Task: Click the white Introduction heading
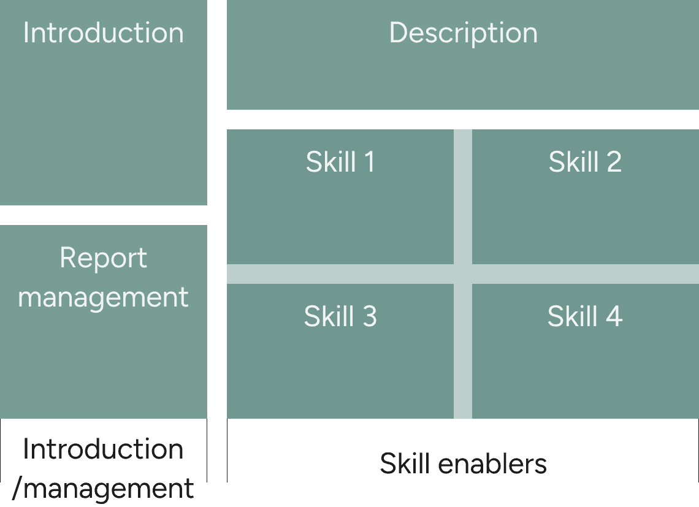click(x=103, y=32)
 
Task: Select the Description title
click(x=463, y=32)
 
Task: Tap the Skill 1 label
click(x=340, y=162)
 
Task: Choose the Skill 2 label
click(x=585, y=162)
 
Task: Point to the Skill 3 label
click(x=340, y=316)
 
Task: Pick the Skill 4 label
click(x=585, y=316)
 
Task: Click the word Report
click(x=103, y=258)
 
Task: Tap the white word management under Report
click(x=103, y=297)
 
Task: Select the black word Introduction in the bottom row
click(x=103, y=449)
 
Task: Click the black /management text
click(x=103, y=489)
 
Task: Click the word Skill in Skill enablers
click(x=402, y=463)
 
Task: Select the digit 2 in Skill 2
click(x=614, y=162)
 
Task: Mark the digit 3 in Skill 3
click(x=369, y=316)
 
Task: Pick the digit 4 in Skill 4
click(x=614, y=316)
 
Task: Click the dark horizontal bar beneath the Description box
click(x=463, y=120)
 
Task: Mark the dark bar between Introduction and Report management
click(x=103, y=215)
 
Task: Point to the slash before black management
click(x=17, y=489)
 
